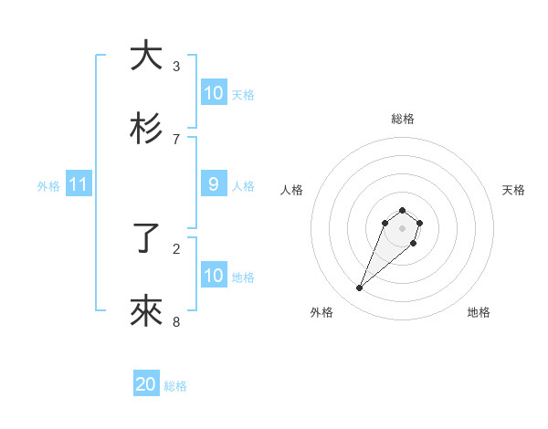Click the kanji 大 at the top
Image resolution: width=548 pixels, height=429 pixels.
pos(146,56)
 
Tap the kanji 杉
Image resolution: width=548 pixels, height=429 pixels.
pos(146,129)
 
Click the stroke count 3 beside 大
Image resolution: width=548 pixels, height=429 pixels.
pos(176,67)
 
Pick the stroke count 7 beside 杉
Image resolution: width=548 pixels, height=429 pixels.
pos(176,139)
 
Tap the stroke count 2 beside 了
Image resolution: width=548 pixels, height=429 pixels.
pos(176,248)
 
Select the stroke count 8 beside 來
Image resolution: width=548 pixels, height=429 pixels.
pos(176,321)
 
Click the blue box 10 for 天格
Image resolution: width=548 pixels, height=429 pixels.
pos(214,93)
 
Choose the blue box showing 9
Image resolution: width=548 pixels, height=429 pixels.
pos(214,184)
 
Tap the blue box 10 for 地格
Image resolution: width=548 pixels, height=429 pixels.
pos(214,276)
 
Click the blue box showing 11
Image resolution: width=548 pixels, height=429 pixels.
pos(79,185)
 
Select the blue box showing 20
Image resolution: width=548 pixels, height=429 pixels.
pos(146,385)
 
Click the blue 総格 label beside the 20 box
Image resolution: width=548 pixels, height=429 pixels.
pos(176,386)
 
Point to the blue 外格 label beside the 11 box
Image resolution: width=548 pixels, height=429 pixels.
pos(48,186)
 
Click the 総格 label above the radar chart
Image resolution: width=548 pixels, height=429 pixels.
pos(403,119)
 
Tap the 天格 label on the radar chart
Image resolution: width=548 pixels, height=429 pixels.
pos(513,190)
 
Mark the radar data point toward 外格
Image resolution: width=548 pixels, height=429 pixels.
pos(360,288)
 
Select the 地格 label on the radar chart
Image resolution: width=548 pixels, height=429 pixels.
pos(479,312)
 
